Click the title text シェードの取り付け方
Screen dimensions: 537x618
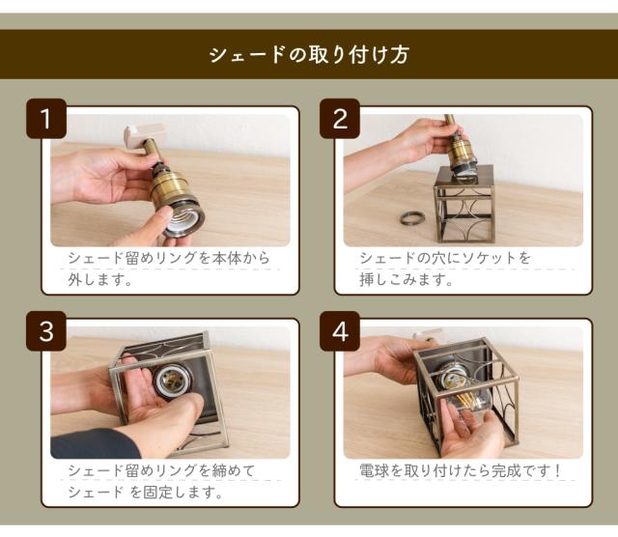(309, 54)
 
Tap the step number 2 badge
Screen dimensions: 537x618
(339, 119)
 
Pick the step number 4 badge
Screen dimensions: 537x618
(339, 331)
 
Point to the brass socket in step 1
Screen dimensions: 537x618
(176, 198)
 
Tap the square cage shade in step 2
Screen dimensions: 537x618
(463, 205)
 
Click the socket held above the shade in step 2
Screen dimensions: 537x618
(463, 152)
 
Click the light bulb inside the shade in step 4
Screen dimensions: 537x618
(463, 391)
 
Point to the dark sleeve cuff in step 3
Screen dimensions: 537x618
(92, 443)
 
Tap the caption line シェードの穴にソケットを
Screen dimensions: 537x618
(445, 259)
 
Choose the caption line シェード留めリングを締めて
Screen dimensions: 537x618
(161, 471)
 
